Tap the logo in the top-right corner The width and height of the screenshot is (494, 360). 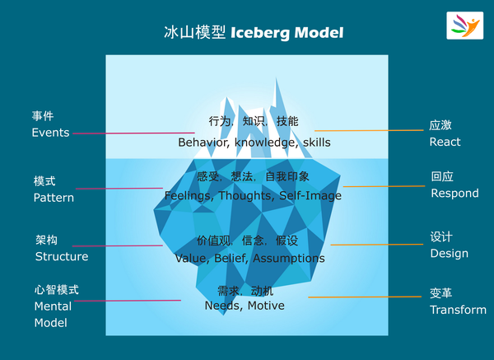click(x=465, y=25)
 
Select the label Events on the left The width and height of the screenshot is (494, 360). click(x=50, y=133)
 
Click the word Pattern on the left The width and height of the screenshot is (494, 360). click(x=54, y=198)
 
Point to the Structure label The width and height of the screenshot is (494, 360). click(x=61, y=256)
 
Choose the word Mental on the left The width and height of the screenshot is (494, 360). click(x=52, y=306)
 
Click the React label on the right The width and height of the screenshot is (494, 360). click(x=445, y=142)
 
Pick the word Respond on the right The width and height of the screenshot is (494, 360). click(x=454, y=194)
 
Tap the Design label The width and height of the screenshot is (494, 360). click(x=449, y=254)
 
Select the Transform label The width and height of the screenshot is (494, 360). click(x=458, y=310)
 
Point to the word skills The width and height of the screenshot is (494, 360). click(x=317, y=143)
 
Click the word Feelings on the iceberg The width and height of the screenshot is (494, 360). click(x=189, y=196)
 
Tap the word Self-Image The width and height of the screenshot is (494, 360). click(x=311, y=196)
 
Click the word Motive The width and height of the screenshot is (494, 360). click(x=266, y=306)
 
